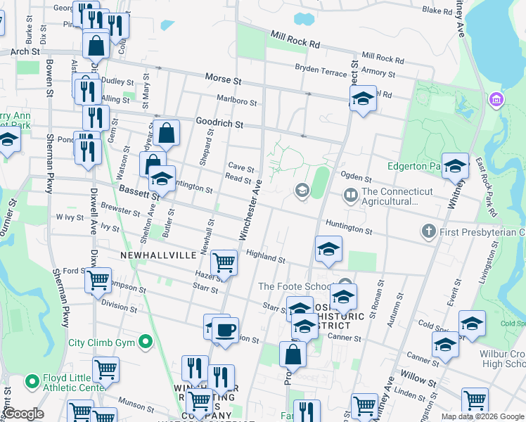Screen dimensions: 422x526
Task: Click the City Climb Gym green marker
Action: point(146,343)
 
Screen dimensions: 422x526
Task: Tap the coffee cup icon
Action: point(225,330)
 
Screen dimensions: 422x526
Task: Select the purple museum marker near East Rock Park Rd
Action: point(497,101)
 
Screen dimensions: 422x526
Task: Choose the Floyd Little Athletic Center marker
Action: point(32,382)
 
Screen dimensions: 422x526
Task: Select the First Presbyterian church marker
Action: point(428,231)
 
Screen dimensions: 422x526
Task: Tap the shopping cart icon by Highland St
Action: point(224,262)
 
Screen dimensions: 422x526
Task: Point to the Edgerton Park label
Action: point(415,167)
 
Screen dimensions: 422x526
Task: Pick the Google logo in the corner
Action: point(23,414)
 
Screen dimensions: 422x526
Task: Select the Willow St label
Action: point(418,378)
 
